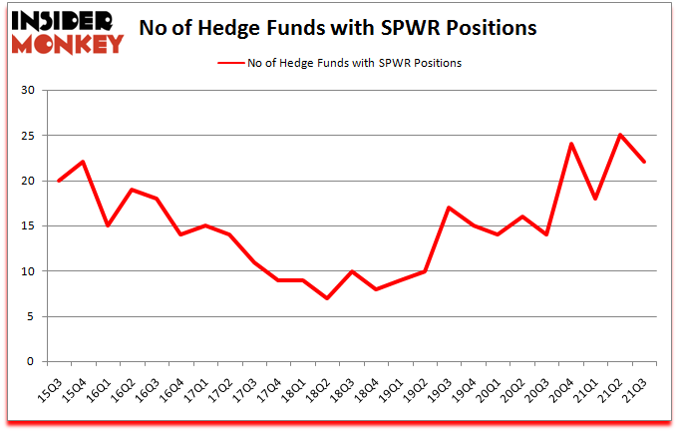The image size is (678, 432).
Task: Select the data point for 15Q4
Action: tap(84, 163)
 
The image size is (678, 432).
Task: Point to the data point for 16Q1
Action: tap(108, 225)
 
